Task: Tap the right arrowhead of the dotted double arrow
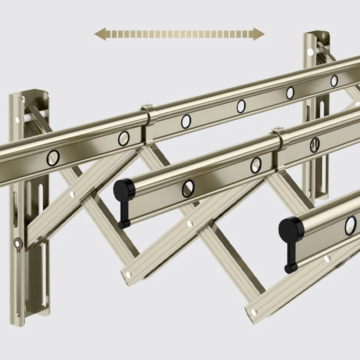(260, 34)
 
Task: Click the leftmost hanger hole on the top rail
(53, 157)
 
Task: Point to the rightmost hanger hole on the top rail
(334, 81)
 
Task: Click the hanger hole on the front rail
(351, 225)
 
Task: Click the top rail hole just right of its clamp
(186, 121)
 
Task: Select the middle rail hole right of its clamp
(315, 144)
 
